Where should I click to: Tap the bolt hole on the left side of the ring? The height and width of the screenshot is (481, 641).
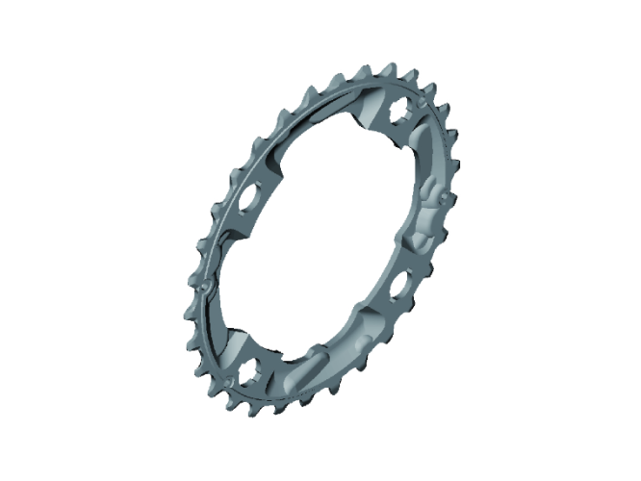pyautogui.click(x=247, y=196)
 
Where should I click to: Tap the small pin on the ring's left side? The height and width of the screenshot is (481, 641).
pyautogui.click(x=205, y=285)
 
